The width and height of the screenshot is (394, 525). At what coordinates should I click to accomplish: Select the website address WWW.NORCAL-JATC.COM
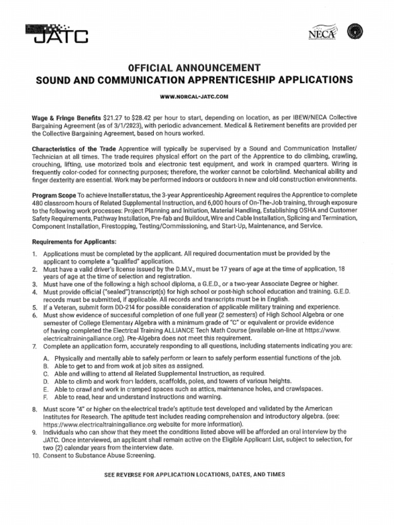[194, 96]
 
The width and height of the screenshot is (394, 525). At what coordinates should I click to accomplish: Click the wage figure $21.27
[113, 118]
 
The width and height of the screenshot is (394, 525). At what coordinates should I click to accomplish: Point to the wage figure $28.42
[145, 118]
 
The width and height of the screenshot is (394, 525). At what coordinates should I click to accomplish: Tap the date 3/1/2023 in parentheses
[168, 126]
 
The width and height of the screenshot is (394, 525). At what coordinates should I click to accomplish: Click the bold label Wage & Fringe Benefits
[66, 118]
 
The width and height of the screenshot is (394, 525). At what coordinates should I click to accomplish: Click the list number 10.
[35, 455]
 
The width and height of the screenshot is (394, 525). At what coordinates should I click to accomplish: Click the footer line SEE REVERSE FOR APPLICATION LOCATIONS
[194, 475]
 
